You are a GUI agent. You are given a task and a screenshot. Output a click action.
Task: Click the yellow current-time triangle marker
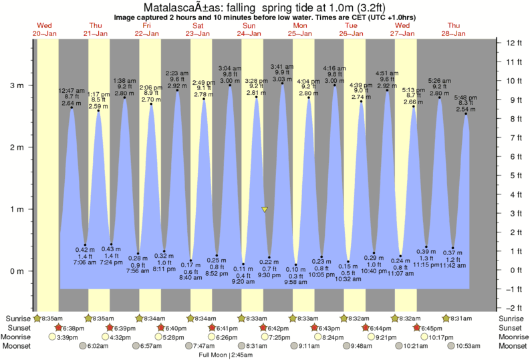(265, 210)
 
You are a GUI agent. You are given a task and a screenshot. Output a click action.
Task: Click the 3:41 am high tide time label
(282, 66)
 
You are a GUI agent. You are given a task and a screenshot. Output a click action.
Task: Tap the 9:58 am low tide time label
(295, 283)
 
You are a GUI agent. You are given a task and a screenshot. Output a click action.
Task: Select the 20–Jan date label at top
(45, 33)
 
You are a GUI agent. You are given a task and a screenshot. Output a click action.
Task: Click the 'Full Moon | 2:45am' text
(227, 355)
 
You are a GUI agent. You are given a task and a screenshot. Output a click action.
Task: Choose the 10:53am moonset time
(465, 346)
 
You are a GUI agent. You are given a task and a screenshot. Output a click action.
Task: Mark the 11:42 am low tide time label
(453, 266)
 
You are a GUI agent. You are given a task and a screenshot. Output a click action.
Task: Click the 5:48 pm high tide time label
(466, 98)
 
